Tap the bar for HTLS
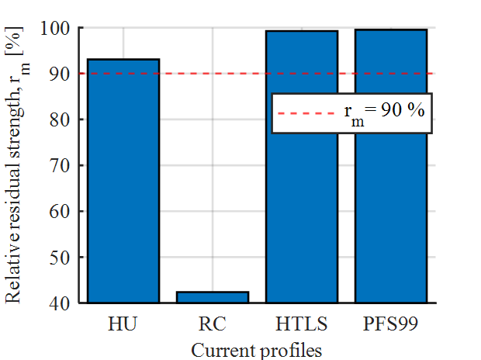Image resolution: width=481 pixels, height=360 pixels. pos(302,166)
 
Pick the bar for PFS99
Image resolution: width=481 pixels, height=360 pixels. pos(391,166)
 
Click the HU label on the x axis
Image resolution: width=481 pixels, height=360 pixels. pos(123,322)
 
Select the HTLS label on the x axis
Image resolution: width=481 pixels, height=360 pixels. pos(302,322)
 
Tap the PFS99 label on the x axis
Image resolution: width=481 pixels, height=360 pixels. pos(391,322)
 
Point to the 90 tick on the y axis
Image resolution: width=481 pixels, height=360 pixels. pos(63,74)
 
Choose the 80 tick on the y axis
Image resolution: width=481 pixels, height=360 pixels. pos(63,120)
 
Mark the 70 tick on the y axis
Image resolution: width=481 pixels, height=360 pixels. pos(63,166)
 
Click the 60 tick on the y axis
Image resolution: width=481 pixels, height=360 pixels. pos(63,211)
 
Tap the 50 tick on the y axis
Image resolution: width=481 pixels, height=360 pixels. pos(63,257)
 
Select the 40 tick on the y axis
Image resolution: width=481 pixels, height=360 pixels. pos(63,303)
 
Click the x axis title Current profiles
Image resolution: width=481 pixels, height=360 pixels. pos(256,350)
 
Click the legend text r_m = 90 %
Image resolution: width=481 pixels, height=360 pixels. pos(384,111)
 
